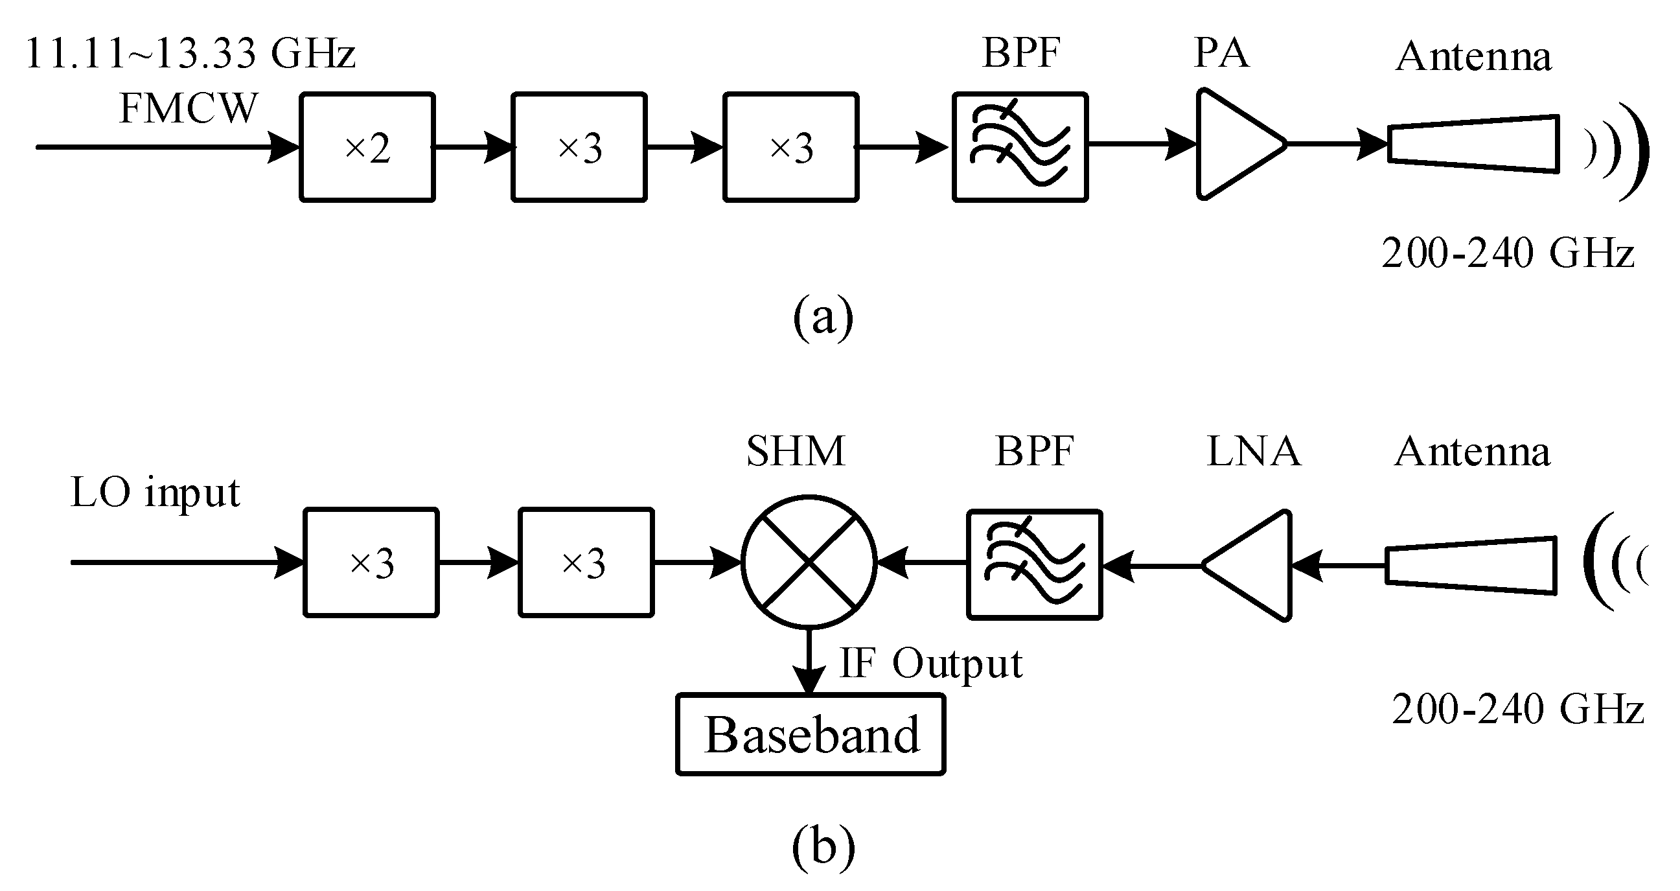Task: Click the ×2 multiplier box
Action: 367,147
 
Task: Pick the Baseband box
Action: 811,734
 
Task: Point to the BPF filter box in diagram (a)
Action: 1020,147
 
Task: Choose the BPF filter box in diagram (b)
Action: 1034,564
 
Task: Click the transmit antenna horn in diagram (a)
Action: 1473,144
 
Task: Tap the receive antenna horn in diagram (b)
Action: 1471,565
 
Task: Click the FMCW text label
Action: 189,108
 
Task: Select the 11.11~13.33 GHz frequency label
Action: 190,54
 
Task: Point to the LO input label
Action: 155,492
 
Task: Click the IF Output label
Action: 930,664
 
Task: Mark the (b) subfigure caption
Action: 823,848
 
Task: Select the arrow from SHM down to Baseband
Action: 809,660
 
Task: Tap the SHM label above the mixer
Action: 796,451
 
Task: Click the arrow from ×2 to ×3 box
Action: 474,147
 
